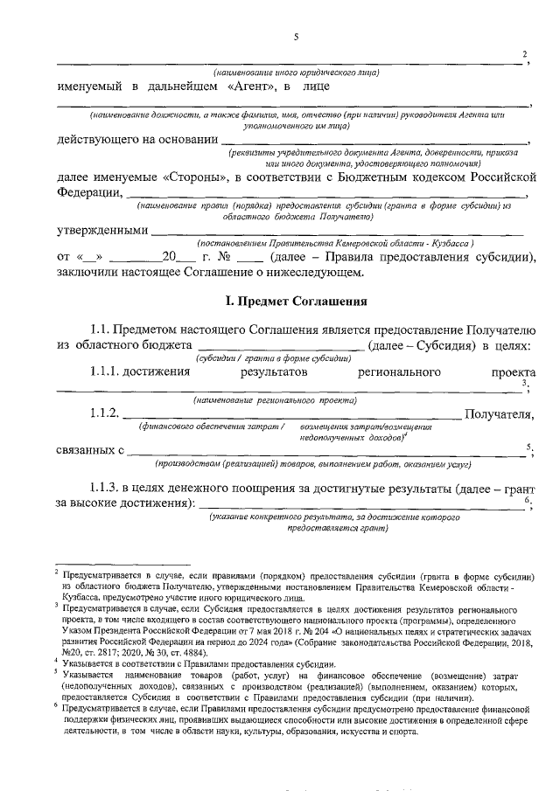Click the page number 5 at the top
tap(296, 36)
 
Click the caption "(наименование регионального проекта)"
tap(275, 399)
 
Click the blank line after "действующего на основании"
tap(375, 138)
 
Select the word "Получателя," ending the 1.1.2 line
tap(498, 413)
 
